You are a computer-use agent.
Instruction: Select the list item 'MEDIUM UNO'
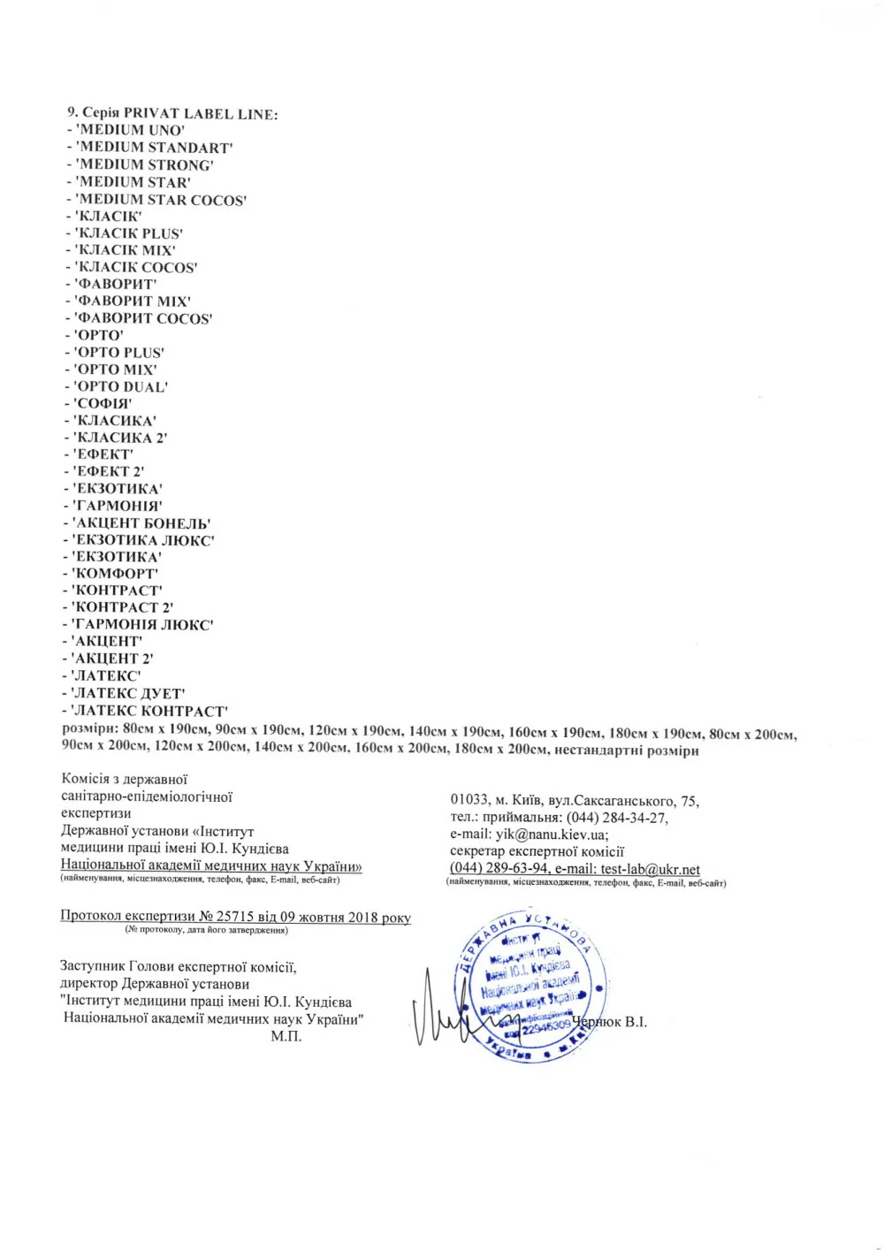click(x=131, y=131)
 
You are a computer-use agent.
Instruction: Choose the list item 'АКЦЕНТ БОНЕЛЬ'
click(x=141, y=523)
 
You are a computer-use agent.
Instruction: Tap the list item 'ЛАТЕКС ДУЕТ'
click(x=128, y=693)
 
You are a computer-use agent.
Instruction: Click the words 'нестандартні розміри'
click(x=626, y=751)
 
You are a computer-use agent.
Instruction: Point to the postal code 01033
click(x=468, y=801)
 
